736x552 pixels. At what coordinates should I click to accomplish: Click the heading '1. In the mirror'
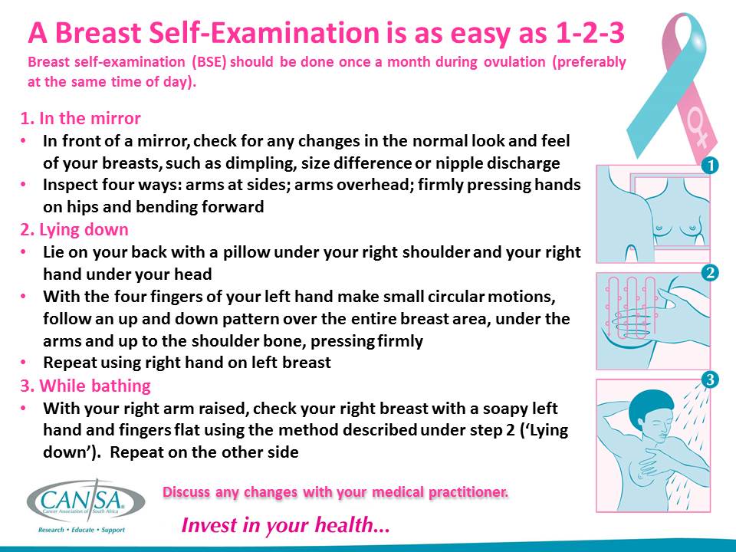(x=80, y=119)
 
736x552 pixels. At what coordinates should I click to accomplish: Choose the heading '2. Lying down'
(x=74, y=229)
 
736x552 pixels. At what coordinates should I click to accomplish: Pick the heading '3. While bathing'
(x=85, y=385)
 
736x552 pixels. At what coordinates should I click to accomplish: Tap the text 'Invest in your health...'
(x=285, y=526)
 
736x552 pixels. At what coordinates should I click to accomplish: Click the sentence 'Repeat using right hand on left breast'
(x=187, y=363)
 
